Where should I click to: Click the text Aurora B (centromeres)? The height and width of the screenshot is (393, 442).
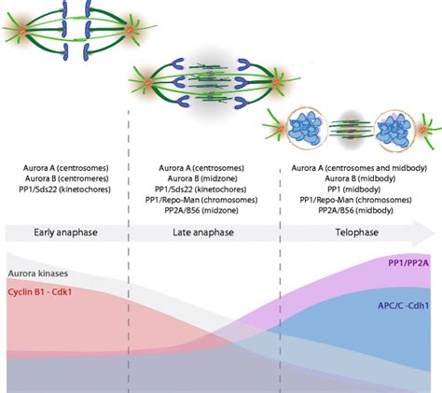pos(65,178)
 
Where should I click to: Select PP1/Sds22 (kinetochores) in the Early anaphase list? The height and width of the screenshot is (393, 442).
pos(65,189)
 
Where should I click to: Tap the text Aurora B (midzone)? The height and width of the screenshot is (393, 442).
pos(201,178)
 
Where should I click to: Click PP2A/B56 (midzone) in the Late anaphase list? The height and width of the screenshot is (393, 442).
pos(201,210)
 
